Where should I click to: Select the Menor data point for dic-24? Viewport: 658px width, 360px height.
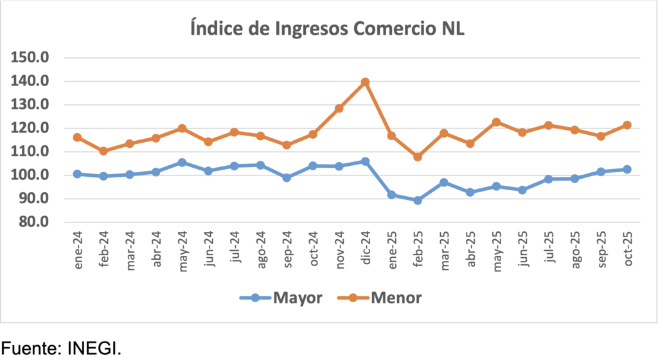tap(365, 82)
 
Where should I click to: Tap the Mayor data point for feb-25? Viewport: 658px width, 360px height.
tap(418, 200)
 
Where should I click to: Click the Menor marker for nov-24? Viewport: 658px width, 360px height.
tap(339, 109)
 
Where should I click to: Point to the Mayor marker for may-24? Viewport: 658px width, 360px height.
tap(182, 163)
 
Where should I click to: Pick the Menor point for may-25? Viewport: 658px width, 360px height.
tap(496, 122)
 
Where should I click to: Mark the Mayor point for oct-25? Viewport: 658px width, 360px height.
tap(627, 169)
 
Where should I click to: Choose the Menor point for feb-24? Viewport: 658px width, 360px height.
tap(103, 151)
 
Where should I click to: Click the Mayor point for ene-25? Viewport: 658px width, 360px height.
tap(391, 195)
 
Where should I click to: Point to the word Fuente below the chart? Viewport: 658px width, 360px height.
tap(30, 348)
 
